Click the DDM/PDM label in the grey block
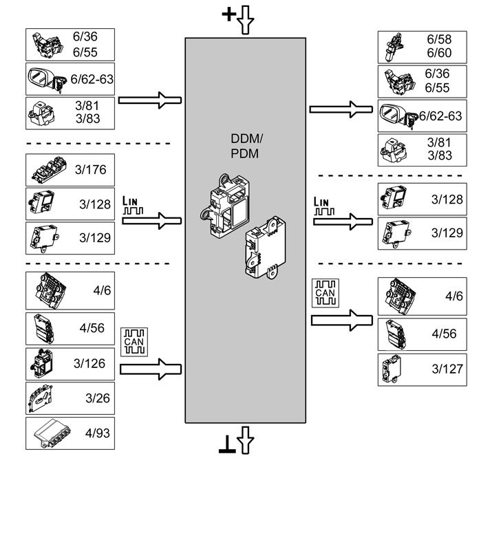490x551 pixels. [x=245, y=146]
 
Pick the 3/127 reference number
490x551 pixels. [x=447, y=369]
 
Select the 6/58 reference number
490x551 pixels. [x=438, y=40]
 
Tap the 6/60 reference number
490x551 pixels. [x=438, y=54]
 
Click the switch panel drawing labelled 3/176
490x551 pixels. [x=47, y=169]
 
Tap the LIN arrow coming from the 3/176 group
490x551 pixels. [x=151, y=221]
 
